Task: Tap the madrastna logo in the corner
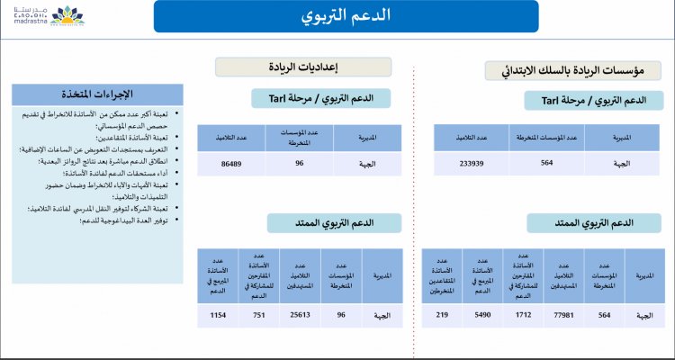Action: point(37,15)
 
